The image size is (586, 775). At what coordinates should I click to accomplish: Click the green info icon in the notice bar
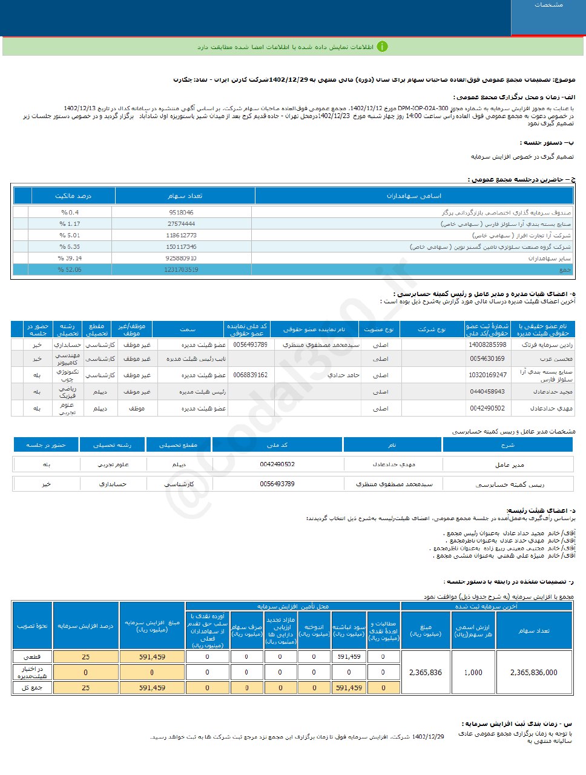(382, 47)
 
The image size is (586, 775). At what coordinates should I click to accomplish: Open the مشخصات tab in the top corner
(548, 5)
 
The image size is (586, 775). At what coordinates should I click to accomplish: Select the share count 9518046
(182, 213)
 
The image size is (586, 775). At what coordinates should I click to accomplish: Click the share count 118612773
(182, 236)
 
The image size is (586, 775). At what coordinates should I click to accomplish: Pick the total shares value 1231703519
(181, 270)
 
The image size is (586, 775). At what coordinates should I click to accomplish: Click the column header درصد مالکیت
(73, 196)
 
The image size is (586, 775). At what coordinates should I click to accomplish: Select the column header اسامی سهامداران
(414, 196)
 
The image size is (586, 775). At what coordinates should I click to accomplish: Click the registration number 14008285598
(487, 345)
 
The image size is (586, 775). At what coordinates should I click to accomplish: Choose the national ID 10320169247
(488, 375)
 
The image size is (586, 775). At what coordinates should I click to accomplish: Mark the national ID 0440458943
(487, 392)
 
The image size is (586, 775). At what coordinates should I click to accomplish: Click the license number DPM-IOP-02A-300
(423, 108)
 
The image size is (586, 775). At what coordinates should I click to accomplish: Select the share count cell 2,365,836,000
(534, 673)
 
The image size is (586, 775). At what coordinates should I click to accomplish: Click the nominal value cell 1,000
(473, 673)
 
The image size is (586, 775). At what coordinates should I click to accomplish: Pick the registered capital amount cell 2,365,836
(426, 673)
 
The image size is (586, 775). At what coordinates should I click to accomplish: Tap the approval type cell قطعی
(32, 657)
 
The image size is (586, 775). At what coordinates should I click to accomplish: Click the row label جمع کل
(32, 688)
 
